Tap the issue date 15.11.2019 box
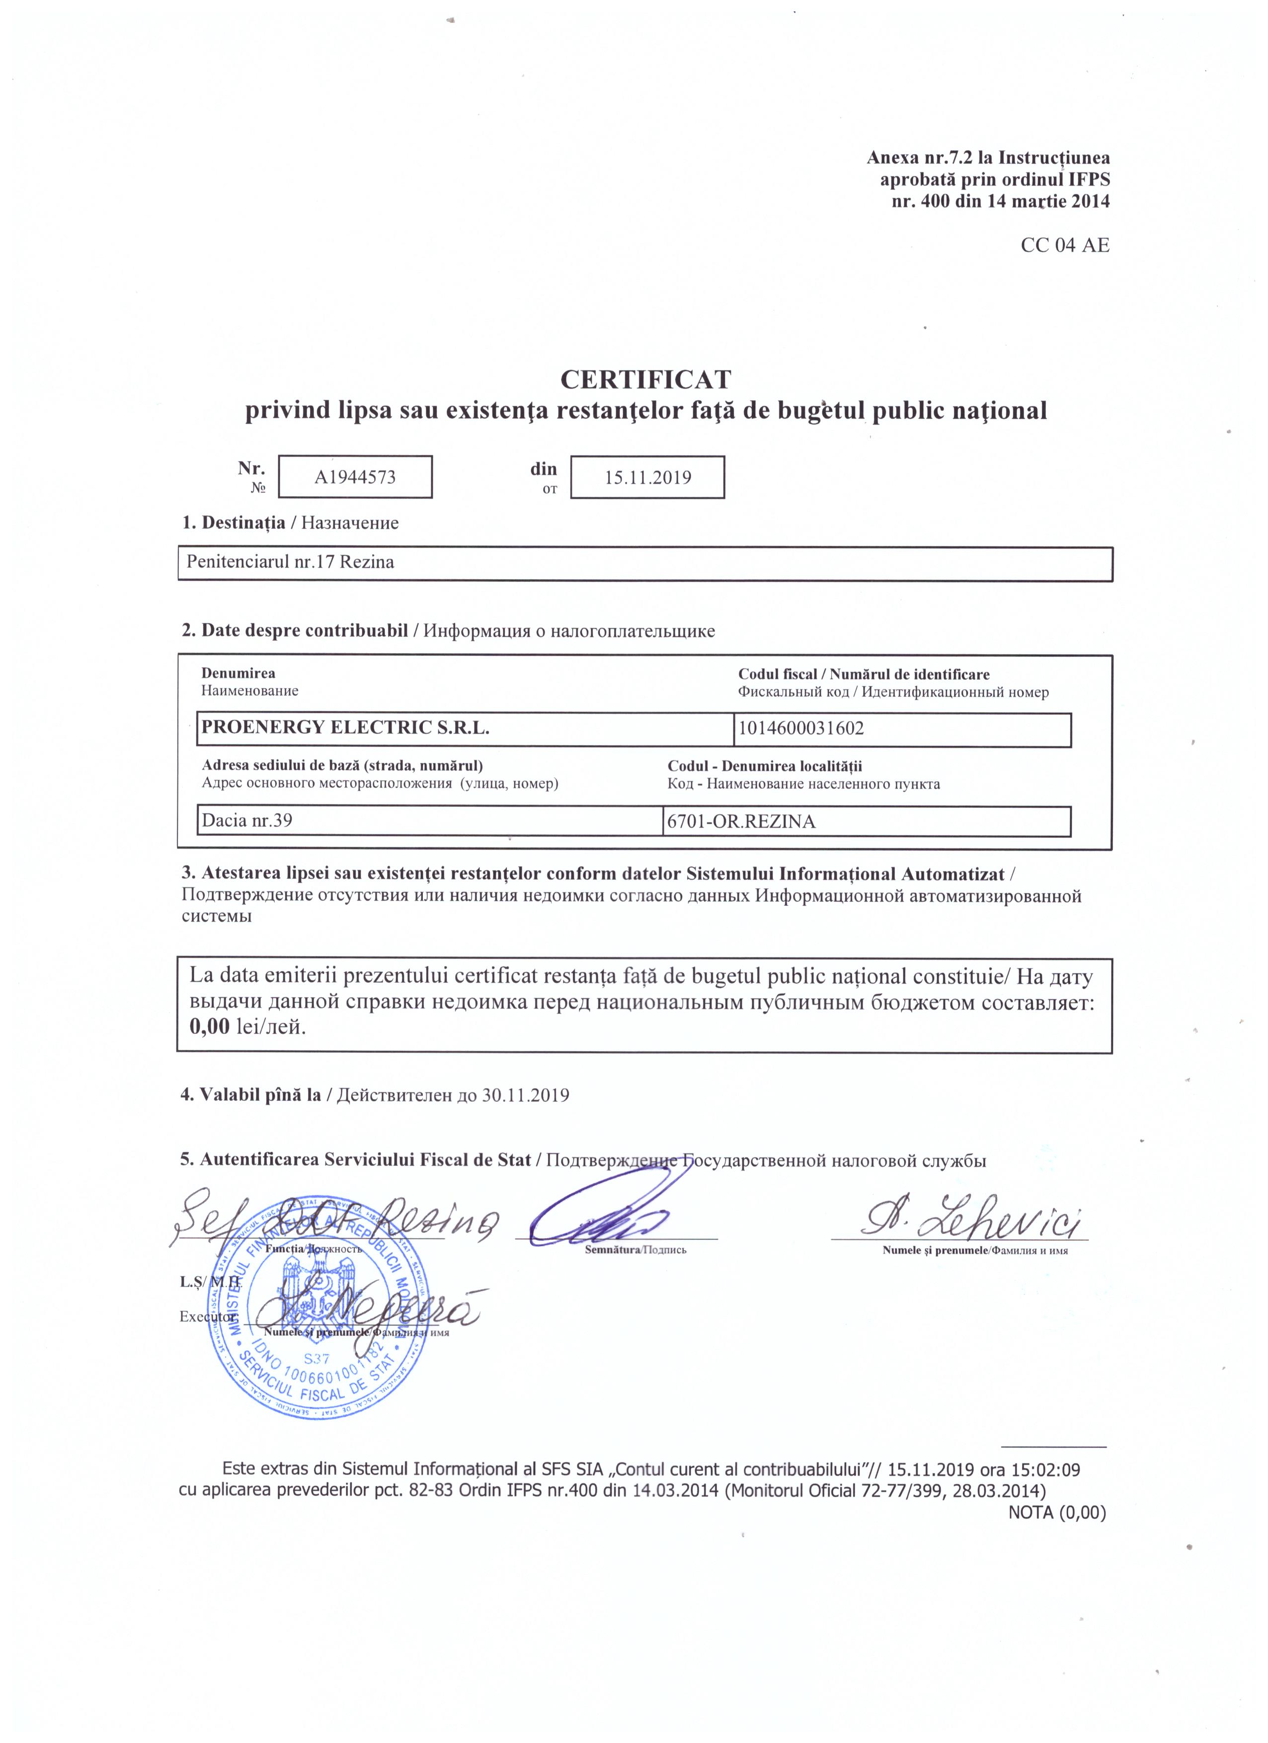click(647, 477)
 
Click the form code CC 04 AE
click(1064, 245)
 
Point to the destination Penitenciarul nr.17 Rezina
click(291, 562)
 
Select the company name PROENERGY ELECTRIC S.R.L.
click(345, 727)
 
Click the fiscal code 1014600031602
click(801, 728)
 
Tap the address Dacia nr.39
click(246, 820)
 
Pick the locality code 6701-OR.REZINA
click(741, 821)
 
